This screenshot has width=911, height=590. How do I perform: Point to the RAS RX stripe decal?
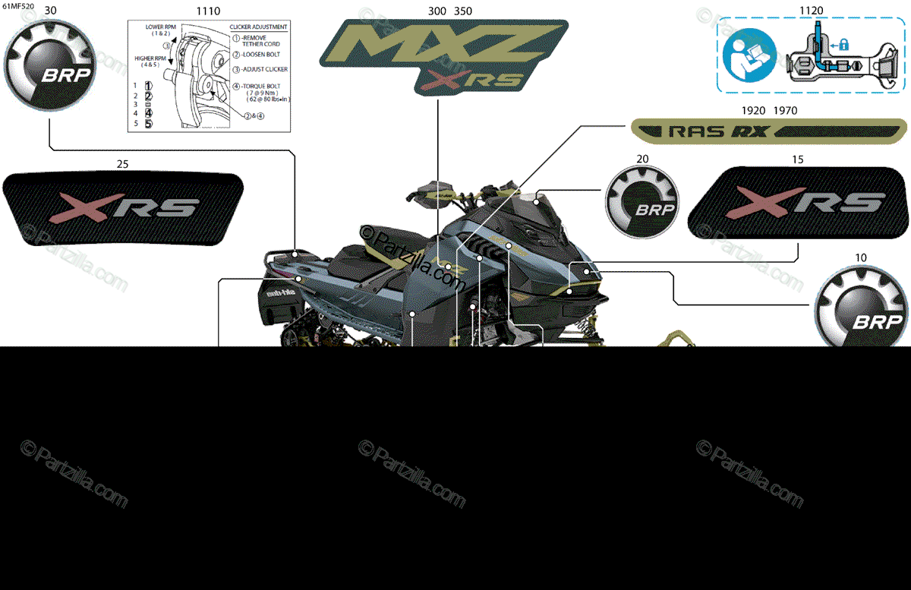[x=770, y=131]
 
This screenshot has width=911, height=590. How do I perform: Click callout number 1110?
[x=208, y=11]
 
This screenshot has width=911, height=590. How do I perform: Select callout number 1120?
[x=811, y=11]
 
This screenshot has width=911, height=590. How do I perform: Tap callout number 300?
[x=437, y=11]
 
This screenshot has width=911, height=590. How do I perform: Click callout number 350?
[x=463, y=11]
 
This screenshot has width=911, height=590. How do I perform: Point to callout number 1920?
[x=753, y=111]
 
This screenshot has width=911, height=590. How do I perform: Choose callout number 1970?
[x=785, y=111]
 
